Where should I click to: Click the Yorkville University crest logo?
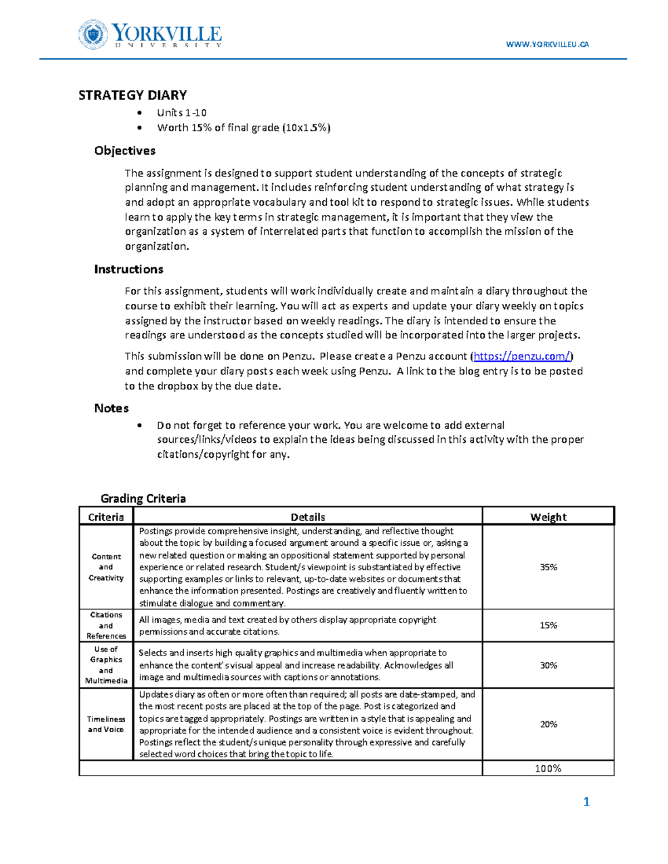tap(92, 34)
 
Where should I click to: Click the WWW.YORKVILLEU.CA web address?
tap(547, 45)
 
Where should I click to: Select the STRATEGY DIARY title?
tap(132, 95)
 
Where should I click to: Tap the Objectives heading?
tap(125, 151)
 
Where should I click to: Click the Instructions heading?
tap(129, 269)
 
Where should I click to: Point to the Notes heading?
tap(111, 408)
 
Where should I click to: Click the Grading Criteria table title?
tap(143, 498)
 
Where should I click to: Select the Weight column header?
tap(548, 517)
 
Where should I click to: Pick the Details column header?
tap(307, 517)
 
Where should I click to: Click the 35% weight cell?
tap(548, 567)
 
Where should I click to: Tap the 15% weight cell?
tap(548, 625)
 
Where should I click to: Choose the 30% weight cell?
tap(548, 665)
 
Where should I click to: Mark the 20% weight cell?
tap(548, 724)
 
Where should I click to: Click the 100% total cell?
tap(548, 769)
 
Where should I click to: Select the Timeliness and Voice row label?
tap(106, 724)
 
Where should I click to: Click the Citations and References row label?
tap(106, 625)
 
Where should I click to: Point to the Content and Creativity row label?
tap(106, 567)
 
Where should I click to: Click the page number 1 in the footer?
tap(586, 802)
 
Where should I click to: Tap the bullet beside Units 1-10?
tap(140, 113)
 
